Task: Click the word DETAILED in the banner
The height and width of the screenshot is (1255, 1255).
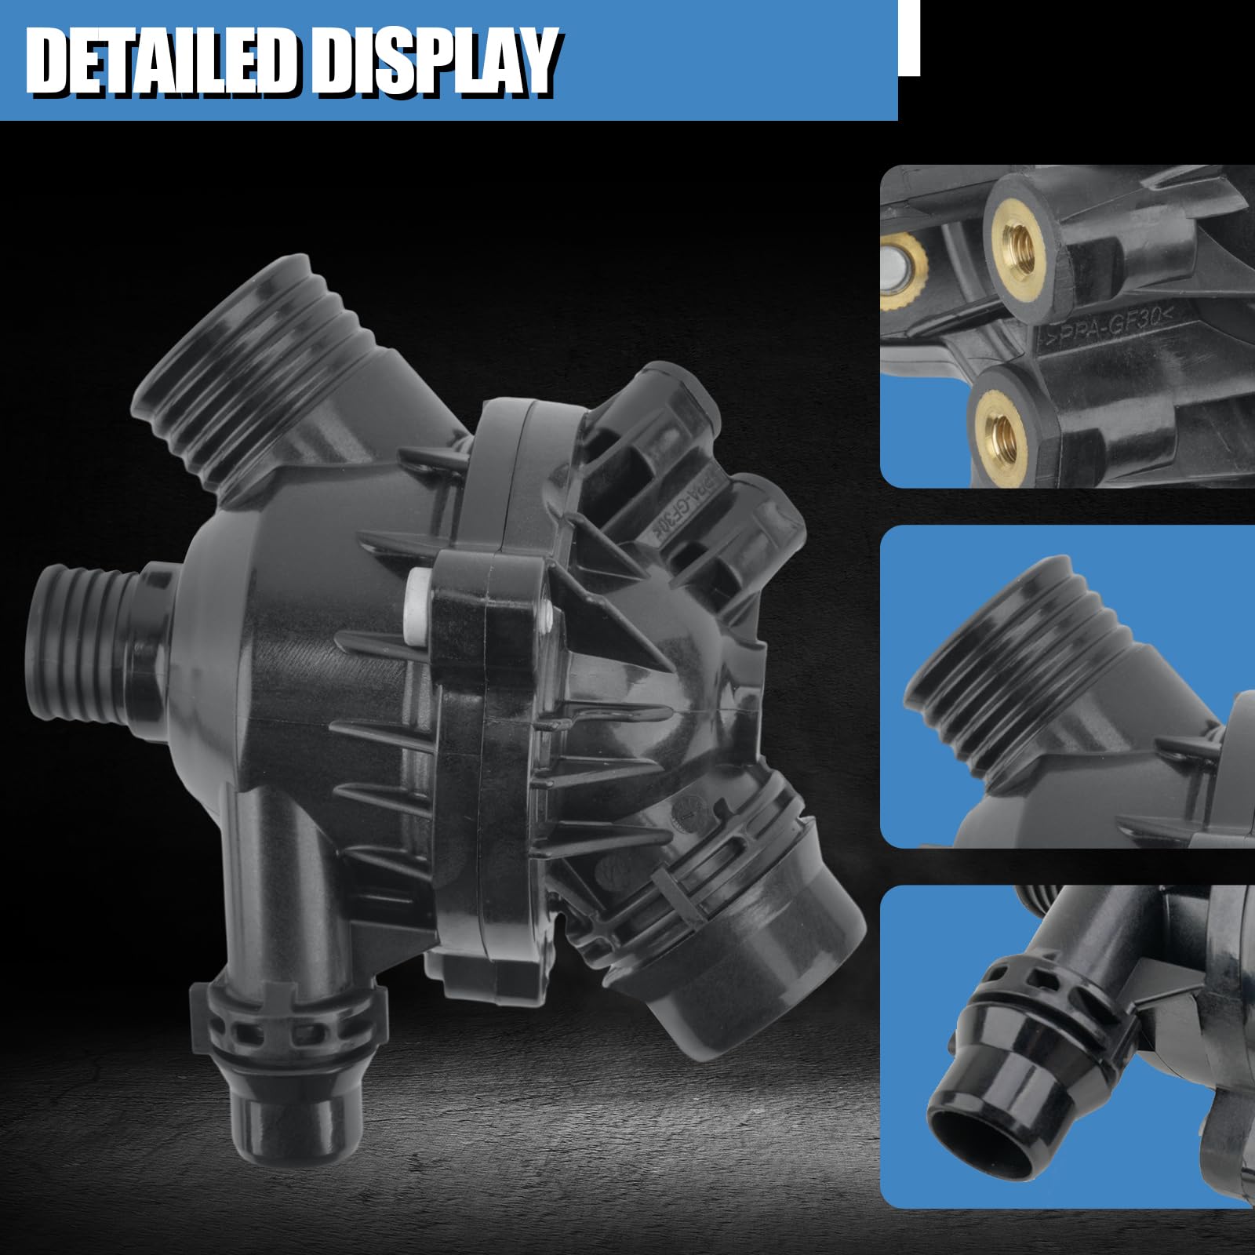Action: [x=162, y=62]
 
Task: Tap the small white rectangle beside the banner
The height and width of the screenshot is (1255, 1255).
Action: [x=909, y=38]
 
